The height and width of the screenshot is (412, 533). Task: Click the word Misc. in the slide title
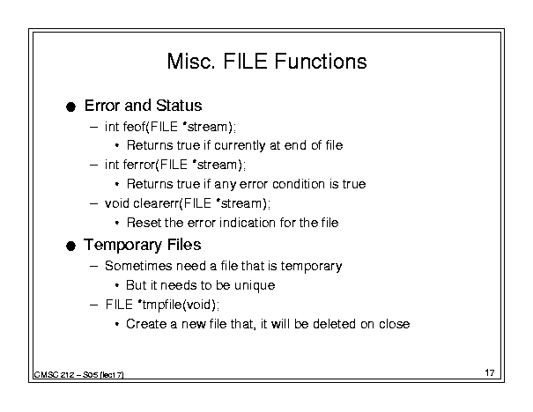(x=191, y=61)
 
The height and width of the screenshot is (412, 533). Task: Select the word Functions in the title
(x=321, y=61)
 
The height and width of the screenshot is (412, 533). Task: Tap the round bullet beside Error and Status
(x=70, y=107)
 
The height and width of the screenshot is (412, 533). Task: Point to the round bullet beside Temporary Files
(x=70, y=246)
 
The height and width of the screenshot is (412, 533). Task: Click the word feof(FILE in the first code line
(x=151, y=127)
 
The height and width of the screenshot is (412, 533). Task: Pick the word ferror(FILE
(x=155, y=165)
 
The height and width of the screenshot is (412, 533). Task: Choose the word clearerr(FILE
(x=173, y=203)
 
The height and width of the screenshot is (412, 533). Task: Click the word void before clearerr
(x=117, y=203)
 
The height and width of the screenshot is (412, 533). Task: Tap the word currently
(x=240, y=146)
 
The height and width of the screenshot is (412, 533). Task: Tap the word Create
(x=146, y=324)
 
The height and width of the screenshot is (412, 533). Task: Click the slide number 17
(x=490, y=372)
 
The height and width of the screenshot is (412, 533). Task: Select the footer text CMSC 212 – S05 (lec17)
(x=79, y=375)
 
